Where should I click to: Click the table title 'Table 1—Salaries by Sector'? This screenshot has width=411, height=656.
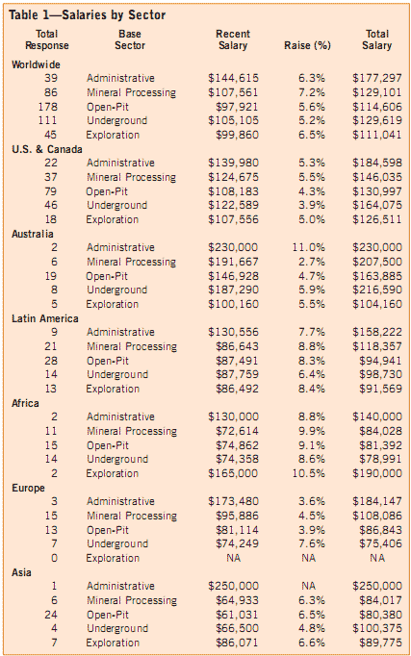pyautogui.click(x=87, y=15)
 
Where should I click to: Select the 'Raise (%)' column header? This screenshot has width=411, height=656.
pyautogui.click(x=307, y=45)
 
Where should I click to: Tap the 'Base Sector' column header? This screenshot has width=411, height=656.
pyautogui.click(x=130, y=39)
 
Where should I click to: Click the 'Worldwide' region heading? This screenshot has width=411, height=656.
pyautogui.click(x=36, y=64)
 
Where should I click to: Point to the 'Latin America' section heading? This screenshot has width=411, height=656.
pyautogui.click(x=45, y=318)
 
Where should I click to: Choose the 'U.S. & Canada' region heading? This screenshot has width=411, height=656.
pyautogui.click(x=47, y=149)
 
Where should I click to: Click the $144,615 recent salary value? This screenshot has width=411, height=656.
pyautogui.click(x=233, y=78)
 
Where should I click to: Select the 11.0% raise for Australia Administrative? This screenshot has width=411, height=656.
pyautogui.click(x=308, y=247)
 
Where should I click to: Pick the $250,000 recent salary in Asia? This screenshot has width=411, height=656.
pyautogui.click(x=233, y=586)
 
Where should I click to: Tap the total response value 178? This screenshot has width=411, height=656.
pyautogui.click(x=48, y=107)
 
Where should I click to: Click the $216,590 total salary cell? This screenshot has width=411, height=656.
pyautogui.click(x=377, y=290)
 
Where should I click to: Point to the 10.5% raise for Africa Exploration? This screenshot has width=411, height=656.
pyautogui.click(x=308, y=473)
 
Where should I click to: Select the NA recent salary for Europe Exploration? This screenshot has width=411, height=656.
pyautogui.click(x=234, y=558)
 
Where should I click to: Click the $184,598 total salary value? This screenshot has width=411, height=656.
pyautogui.click(x=377, y=163)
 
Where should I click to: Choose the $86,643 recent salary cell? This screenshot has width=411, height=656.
pyautogui.click(x=237, y=347)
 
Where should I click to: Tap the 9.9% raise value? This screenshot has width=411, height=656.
pyautogui.click(x=312, y=431)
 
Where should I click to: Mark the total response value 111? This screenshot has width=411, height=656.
pyautogui.click(x=48, y=120)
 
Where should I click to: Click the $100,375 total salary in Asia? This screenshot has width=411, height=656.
pyautogui.click(x=377, y=628)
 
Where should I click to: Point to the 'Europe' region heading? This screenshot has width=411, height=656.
pyautogui.click(x=28, y=489)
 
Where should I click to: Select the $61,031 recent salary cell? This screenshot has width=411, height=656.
pyautogui.click(x=237, y=615)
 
